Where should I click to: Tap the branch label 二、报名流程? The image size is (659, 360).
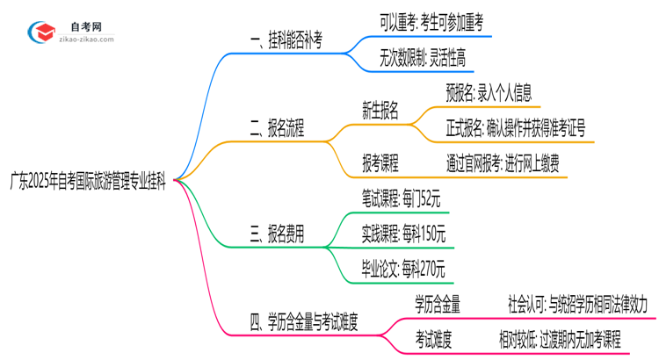277,130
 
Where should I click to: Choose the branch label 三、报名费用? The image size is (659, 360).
277,233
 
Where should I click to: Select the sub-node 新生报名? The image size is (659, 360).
380,110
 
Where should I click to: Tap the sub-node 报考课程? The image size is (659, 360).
380,162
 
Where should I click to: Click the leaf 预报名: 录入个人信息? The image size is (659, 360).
489,90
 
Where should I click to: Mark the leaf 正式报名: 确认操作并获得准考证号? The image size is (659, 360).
515,128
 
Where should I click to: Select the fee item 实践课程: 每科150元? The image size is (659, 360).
404,234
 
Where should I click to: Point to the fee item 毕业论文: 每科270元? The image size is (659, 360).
404,268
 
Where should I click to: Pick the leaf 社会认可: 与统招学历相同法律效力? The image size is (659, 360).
576,304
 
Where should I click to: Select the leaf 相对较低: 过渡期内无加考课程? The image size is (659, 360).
572,339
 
